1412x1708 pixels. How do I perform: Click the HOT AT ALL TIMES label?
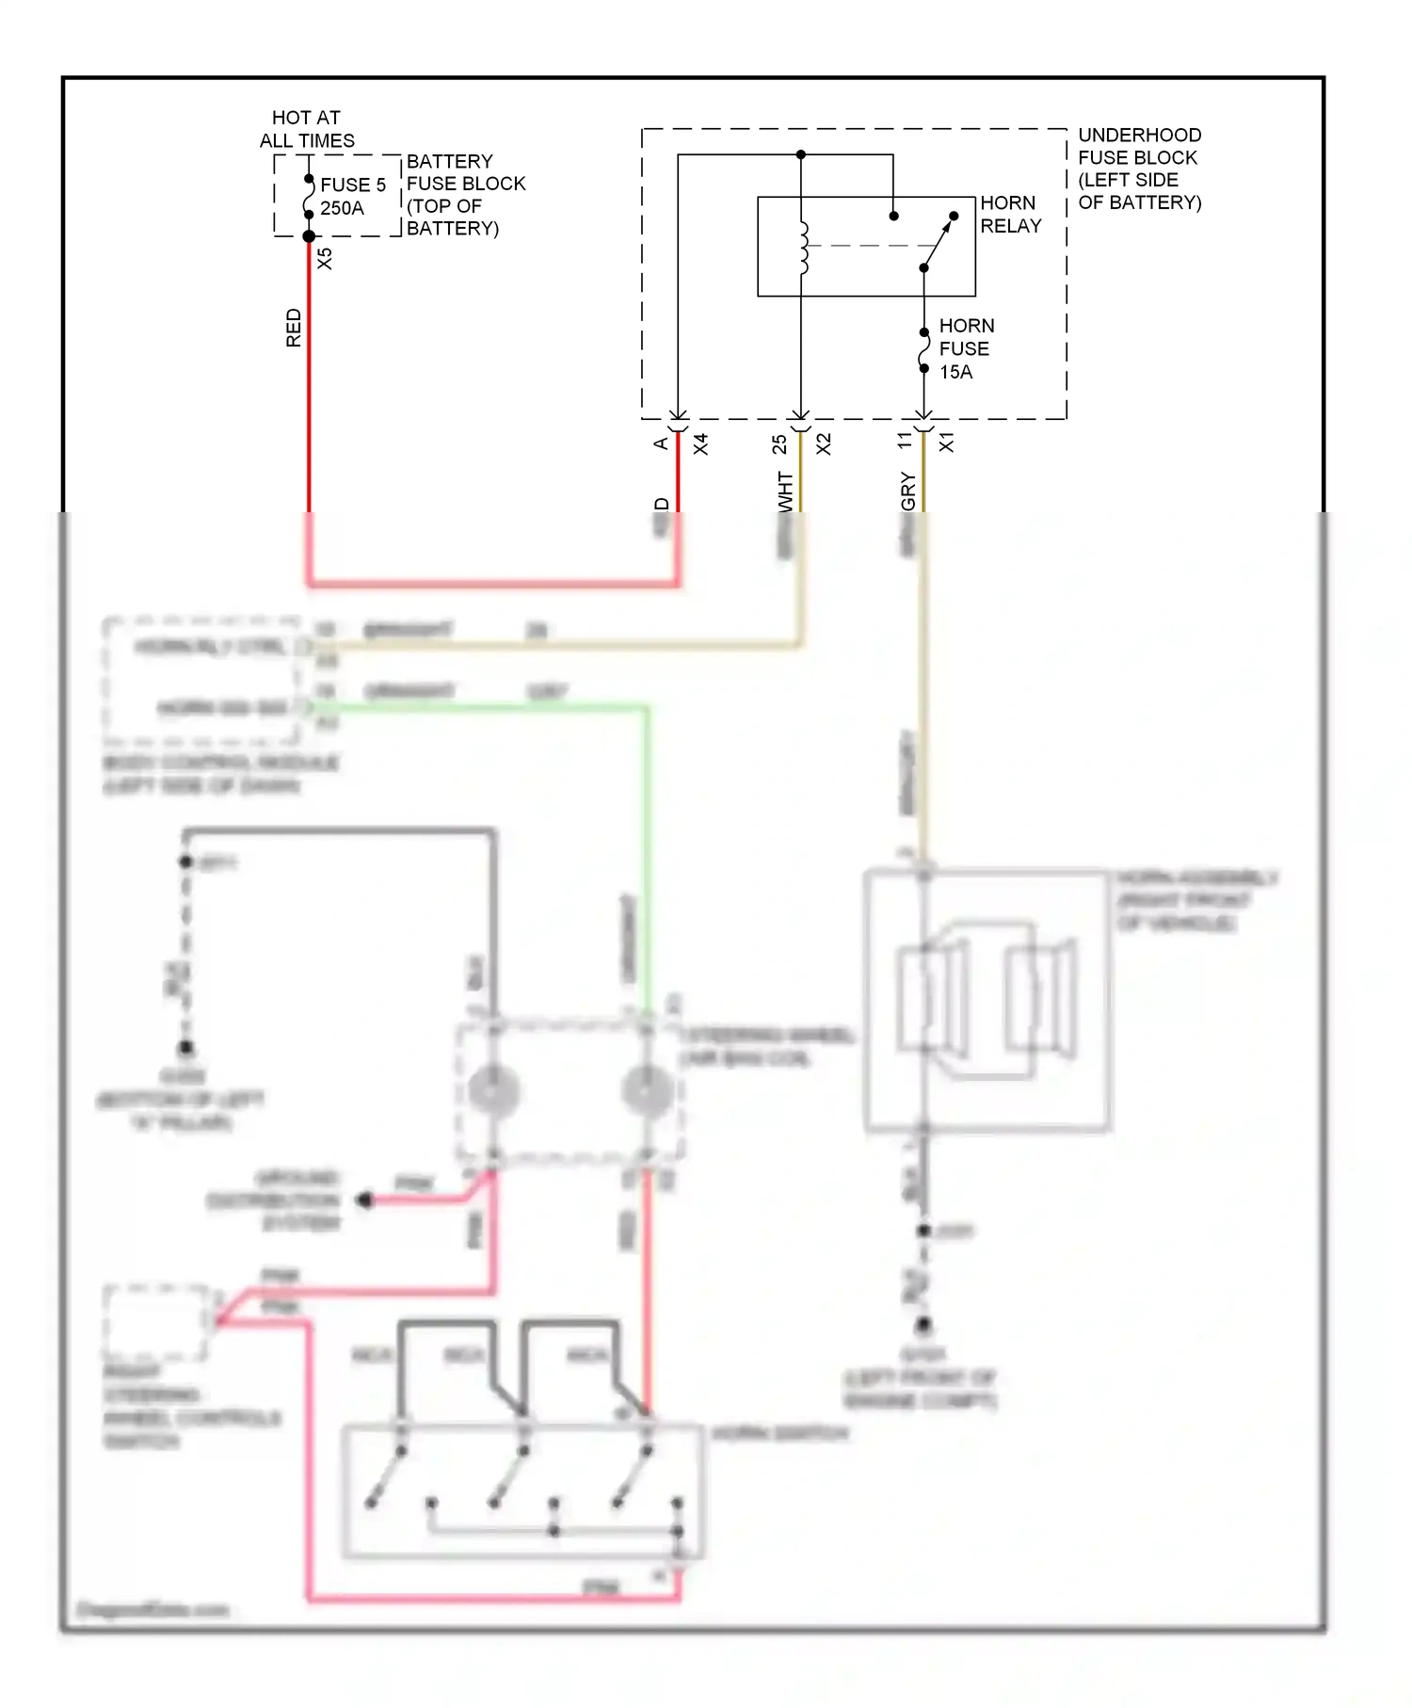click(x=307, y=129)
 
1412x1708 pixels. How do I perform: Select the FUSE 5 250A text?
click(x=352, y=196)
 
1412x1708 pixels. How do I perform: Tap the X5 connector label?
click(x=325, y=258)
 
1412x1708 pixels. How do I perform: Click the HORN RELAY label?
click(x=1010, y=215)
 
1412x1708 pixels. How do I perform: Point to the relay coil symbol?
click(x=803, y=248)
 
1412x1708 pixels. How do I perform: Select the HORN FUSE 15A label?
click(x=965, y=348)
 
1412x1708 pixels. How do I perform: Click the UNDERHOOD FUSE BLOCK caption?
click(x=1139, y=169)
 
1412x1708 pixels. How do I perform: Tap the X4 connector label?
click(x=700, y=444)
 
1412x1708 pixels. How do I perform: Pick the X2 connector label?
click(x=824, y=444)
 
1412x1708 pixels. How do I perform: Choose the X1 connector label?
click(x=946, y=443)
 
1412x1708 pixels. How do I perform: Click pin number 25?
click(x=779, y=444)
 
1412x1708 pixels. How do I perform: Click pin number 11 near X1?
click(x=904, y=441)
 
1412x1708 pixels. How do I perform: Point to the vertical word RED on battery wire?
click(x=294, y=328)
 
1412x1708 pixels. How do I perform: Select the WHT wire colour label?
click(x=786, y=491)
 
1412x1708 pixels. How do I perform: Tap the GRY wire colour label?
click(x=908, y=491)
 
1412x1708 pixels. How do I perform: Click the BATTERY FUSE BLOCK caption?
click(x=465, y=195)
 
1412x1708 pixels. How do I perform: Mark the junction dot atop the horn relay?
click(x=801, y=154)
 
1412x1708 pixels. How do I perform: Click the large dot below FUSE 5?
click(x=309, y=236)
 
